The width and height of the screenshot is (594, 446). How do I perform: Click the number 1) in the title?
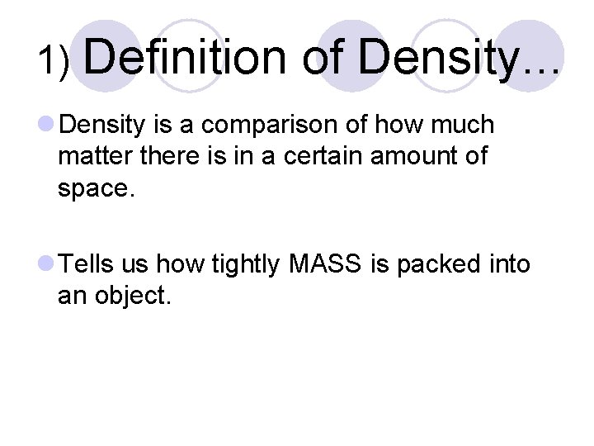click(54, 59)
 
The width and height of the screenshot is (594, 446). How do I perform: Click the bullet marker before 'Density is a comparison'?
click(46, 126)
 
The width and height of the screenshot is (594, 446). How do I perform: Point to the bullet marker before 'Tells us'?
click(46, 264)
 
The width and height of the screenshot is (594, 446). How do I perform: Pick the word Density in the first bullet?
click(103, 126)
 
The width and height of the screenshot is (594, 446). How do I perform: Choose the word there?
click(174, 155)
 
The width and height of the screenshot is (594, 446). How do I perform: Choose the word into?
click(509, 264)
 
